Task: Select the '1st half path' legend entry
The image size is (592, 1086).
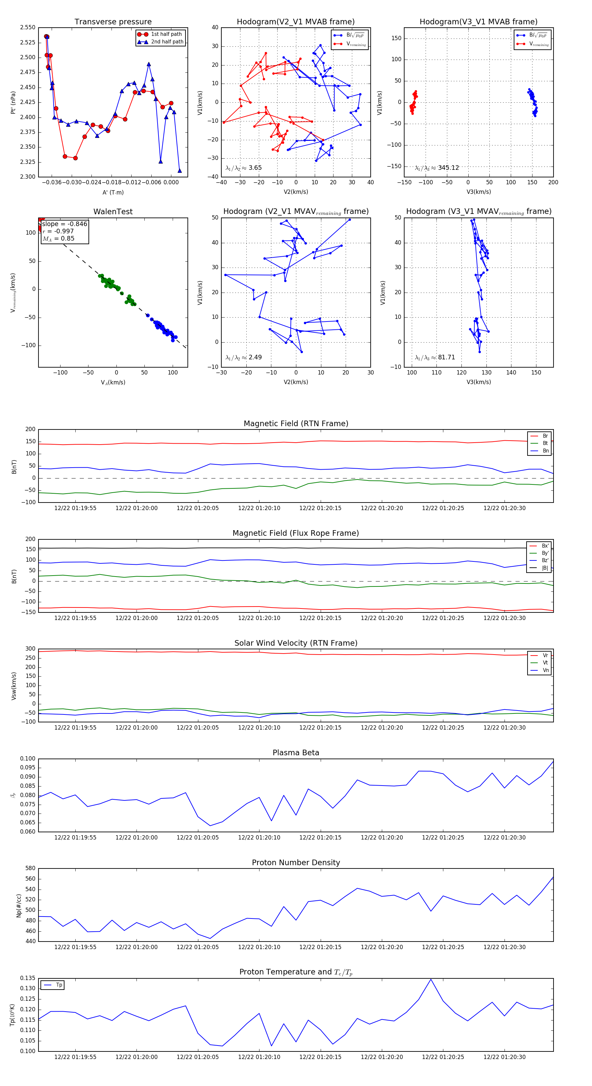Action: point(166,34)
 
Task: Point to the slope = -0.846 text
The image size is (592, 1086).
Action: point(64,224)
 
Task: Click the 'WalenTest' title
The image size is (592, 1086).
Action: point(113,212)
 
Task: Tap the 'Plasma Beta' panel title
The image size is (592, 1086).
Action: point(296,753)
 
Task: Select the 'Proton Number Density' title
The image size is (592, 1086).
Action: point(296,863)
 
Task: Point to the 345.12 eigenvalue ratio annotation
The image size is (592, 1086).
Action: point(448,168)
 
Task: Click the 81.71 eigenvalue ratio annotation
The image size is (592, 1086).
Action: point(446,357)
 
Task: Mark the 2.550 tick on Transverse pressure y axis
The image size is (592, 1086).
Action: point(28,27)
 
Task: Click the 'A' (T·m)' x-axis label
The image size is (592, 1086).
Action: point(113,193)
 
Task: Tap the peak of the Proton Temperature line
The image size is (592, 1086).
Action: point(431,979)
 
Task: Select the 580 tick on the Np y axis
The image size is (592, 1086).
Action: point(30,868)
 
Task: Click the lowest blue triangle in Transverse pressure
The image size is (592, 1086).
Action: point(180,171)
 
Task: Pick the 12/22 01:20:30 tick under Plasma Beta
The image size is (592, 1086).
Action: point(505,838)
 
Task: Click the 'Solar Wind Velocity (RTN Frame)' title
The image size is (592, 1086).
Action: point(296,643)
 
